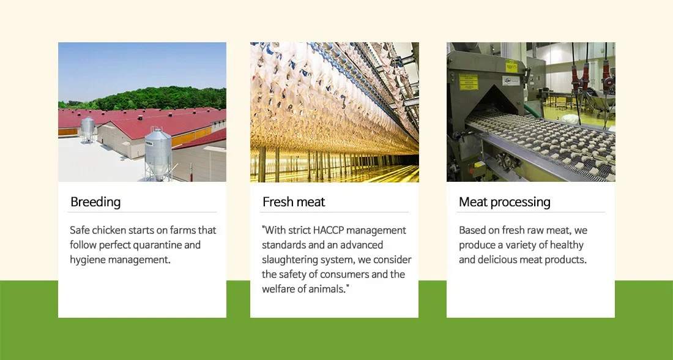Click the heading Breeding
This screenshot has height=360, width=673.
95,202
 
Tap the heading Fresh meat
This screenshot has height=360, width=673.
294,201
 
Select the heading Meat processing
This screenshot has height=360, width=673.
504,202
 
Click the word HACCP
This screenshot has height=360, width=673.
329,230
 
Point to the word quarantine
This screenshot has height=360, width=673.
157,246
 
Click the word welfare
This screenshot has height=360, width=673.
277,289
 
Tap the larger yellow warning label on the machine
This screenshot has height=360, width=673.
468,81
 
